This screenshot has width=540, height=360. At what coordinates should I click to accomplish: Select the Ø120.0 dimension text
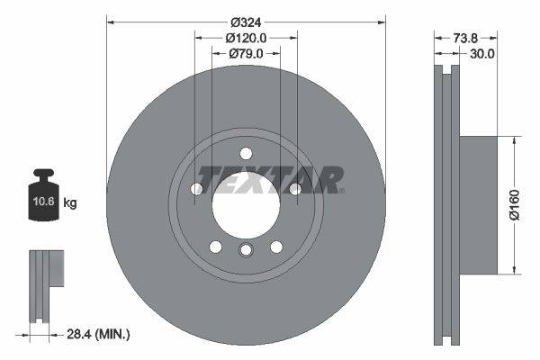pos(246,38)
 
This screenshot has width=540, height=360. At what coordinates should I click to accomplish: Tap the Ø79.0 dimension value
pos(246,54)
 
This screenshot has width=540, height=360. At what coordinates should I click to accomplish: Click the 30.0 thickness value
pos(482,54)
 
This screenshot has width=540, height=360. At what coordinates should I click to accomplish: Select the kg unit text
pos(70,203)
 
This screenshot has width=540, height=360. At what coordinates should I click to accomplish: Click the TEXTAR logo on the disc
pos(270,179)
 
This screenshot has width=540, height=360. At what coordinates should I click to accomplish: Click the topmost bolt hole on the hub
pos(246,153)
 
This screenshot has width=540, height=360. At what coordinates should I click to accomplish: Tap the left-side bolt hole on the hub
pos(196,188)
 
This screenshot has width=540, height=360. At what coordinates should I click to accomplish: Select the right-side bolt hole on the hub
pos(294,188)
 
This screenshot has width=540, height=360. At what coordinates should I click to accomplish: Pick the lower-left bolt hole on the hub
pos(215,246)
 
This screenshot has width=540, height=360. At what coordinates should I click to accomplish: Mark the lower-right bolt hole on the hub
pos(276,246)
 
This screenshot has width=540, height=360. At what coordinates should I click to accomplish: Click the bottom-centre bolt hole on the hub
pos(246,252)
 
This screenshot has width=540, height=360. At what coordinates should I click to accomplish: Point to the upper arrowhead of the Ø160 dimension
pos(513,140)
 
